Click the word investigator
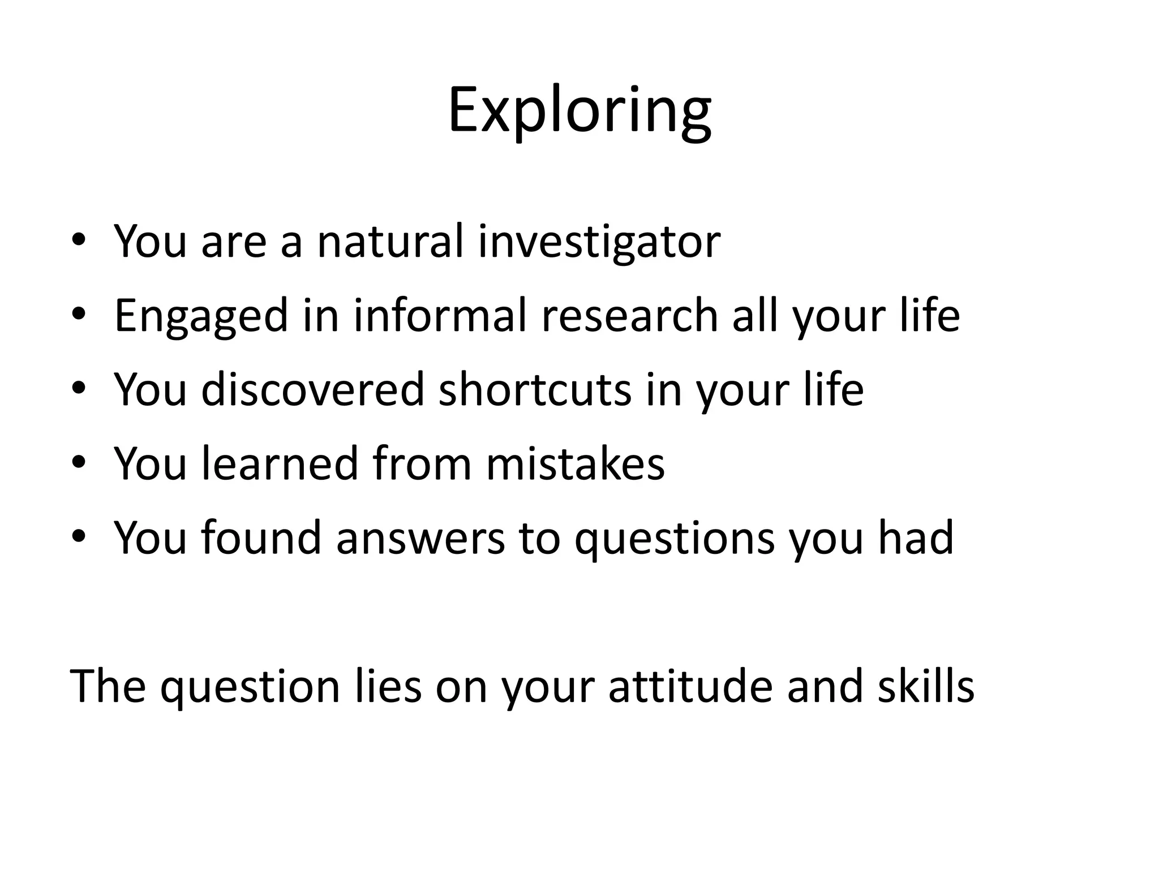click(x=599, y=241)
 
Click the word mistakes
click(x=575, y=463)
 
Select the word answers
click(x=420, y=538)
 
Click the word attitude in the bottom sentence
click(x=690, y=686)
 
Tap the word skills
click(x=926, y=686)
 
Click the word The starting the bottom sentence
click(x=108, y=686)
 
